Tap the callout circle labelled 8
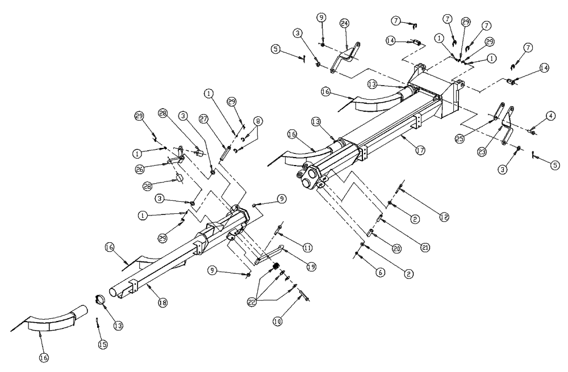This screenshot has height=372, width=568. point(258,121)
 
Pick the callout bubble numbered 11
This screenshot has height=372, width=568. point(307,248)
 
